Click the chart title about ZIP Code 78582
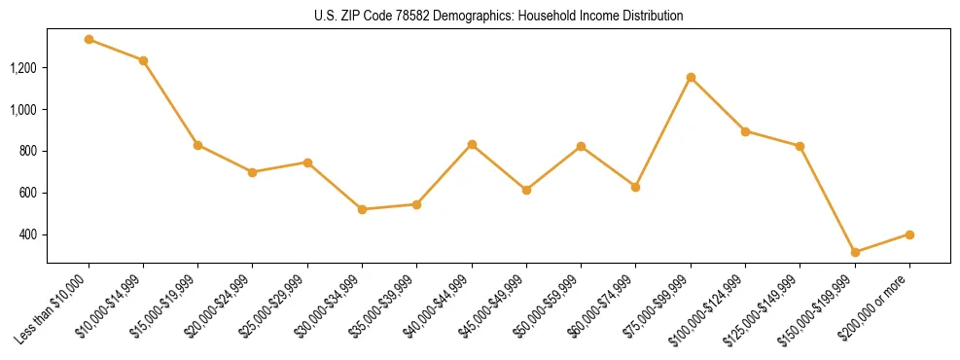499,16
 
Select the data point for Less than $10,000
89,40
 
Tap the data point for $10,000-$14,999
143,60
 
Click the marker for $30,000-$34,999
362,209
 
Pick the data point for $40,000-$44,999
472,144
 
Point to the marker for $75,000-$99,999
691,77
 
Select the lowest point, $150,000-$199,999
855,252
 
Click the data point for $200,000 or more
909,234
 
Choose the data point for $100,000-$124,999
745,131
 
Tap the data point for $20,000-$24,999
253,172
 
